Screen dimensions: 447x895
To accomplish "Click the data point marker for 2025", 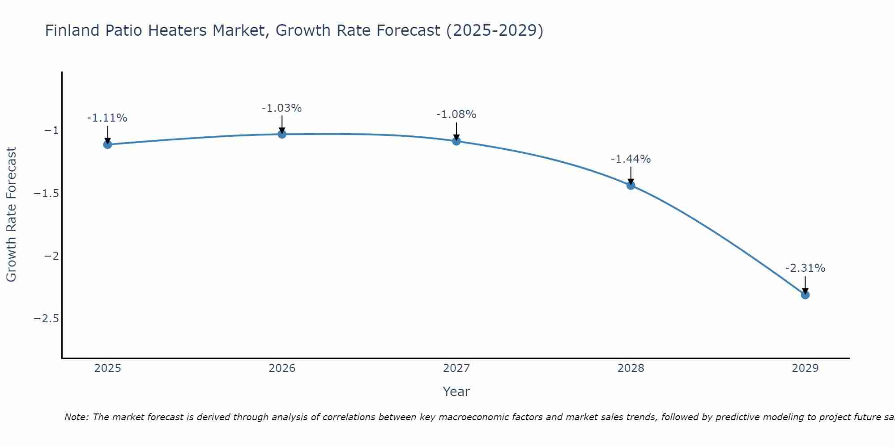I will [x=107, y=144].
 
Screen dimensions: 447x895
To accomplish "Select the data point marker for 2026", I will [x=282, y=134].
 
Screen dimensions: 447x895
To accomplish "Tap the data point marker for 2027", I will [x=456, y=141].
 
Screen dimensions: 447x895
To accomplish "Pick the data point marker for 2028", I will [x=631, y=185].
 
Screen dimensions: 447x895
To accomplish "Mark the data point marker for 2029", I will [x=805, y=295].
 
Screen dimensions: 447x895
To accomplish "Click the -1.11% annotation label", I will [x=107, y=118].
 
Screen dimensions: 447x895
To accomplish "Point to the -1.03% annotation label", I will [x=281, y=108].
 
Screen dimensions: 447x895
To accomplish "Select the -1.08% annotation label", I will [x=456, y=114].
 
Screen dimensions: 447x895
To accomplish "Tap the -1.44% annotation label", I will [x=631, y=159].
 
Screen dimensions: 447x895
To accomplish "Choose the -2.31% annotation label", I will [x=805, y=268].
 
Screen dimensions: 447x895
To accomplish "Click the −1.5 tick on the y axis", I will [x=46, y=194].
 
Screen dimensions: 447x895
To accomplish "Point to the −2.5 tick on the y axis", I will [x=46, y=319].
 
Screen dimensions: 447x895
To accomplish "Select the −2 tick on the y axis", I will [x=51, y=256].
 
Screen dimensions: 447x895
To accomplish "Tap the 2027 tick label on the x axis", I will [x=456, y=368].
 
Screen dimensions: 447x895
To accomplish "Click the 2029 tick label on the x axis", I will [x=805, y=368].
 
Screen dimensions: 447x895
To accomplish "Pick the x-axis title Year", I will [x=456, y=392].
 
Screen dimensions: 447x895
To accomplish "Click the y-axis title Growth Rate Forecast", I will [x=11, y=215].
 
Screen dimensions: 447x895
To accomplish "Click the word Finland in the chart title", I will [x=72, y=30].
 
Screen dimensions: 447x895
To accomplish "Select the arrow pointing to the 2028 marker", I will [x=631, y=175].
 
